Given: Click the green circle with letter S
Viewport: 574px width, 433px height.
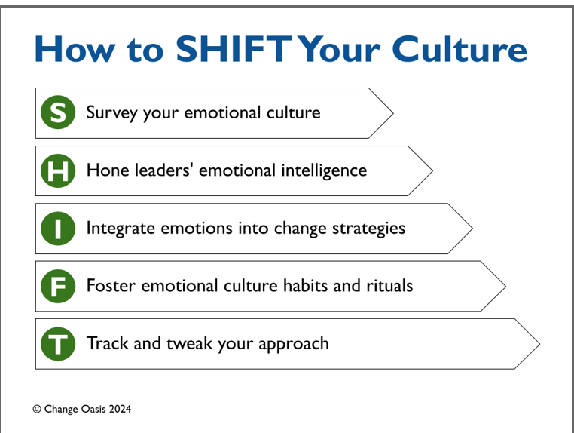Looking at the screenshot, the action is click(58, 112).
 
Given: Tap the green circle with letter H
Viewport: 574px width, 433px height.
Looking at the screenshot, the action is click(58, 170).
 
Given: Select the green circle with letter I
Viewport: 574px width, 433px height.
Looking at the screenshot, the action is click(58, 229).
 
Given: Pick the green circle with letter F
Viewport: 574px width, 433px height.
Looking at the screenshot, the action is click(58, 286).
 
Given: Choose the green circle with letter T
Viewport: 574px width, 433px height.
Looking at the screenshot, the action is click(58, 344).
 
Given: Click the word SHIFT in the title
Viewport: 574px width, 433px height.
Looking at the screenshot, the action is click(234, 49).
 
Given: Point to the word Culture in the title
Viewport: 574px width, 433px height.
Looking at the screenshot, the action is click(460, 49).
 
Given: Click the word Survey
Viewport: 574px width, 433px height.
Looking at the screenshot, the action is click(111, 113).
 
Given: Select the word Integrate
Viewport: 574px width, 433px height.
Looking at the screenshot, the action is click(121, 229).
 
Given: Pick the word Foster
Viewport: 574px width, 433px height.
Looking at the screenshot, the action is click(111, 286).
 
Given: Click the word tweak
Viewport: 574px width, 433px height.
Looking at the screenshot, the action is click(189, 343).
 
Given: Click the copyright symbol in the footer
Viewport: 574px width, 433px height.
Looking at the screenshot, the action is click(37, 409).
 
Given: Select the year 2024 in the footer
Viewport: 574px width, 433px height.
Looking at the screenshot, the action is click(120, 409).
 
